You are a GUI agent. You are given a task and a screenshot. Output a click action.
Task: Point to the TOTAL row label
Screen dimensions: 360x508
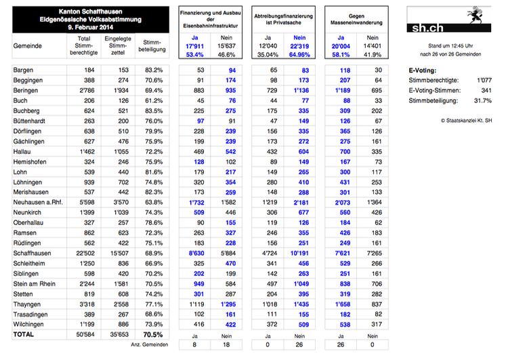(26, 334)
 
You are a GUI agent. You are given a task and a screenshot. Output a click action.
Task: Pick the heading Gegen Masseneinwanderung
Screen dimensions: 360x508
(358, 18)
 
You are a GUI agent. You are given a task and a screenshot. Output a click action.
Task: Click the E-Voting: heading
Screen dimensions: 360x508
(423, 70)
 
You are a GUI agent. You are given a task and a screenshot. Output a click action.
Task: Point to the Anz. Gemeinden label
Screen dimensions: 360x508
(145, 345)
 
